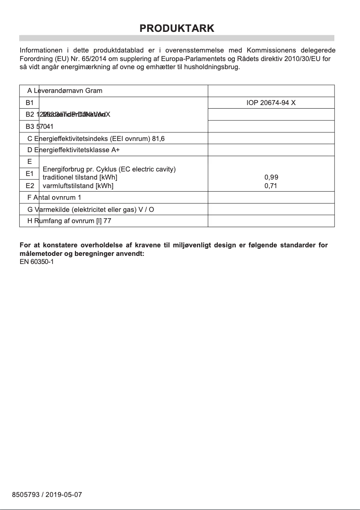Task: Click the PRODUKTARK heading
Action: coord(177,28)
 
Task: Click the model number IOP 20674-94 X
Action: coord(271,103)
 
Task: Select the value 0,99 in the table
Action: coord(271,177)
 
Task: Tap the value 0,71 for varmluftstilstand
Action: coord(271,185)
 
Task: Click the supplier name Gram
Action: coord(94,91)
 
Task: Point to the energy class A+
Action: coord(115,150)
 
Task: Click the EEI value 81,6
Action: coord(158,138)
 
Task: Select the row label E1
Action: coord(30,173)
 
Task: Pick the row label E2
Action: coord(30,185)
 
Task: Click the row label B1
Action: coord(30,103)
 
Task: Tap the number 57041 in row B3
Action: coord(45,127)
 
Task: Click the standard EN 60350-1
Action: coord(37,262)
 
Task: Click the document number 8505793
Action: coord(26,495)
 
